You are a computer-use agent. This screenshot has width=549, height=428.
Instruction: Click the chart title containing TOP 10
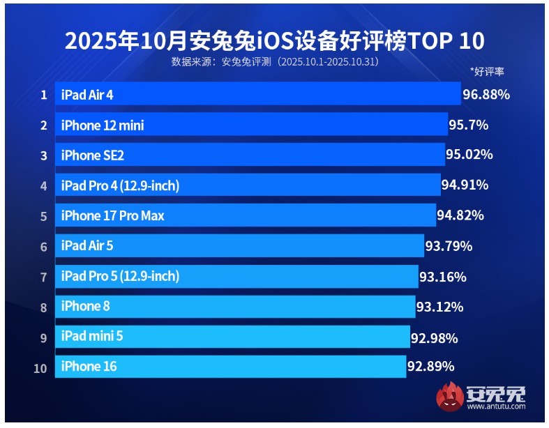(x=274, y=40)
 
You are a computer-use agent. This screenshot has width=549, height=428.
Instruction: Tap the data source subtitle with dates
(x=275, y=62)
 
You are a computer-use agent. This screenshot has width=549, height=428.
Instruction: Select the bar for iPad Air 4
(x=258, y=94)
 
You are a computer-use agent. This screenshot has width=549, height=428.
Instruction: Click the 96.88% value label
(x=486, y=94)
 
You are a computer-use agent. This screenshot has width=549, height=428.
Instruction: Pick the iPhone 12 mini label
(x=103, y=125)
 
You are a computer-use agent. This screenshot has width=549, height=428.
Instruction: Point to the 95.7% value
(x=469, y=125)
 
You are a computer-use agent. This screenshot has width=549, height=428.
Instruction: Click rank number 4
(x=43, y=186)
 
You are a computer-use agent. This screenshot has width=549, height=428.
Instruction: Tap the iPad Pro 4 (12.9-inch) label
(x=120, y=185)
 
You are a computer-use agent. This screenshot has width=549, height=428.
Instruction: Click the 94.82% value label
(x=460, y=215)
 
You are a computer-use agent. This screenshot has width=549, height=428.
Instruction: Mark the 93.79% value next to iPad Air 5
(x=449, y=246)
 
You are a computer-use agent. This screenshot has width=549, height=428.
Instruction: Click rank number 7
(x=43, y=277)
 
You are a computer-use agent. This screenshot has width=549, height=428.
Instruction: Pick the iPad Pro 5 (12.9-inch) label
(x=120, y=276)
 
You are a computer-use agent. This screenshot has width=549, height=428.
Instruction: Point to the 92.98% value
(x=435, y=338)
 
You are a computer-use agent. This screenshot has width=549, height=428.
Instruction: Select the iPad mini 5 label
(x=92, y=337)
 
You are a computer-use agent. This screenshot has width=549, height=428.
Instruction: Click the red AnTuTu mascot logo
(x=450, y=397)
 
